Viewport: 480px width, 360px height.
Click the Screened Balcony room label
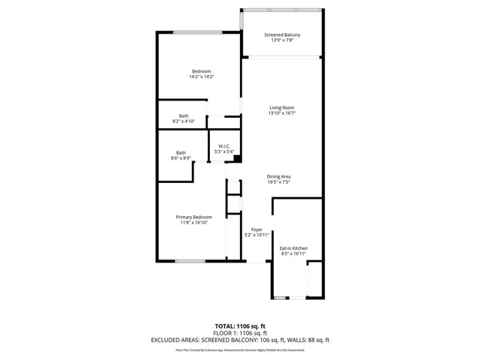coord(282,35)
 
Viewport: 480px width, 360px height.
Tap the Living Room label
coord(282,108)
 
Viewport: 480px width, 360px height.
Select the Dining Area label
coord(278,176)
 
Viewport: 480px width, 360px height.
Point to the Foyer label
coord(257,229)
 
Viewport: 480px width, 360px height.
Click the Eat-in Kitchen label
coord(293,248)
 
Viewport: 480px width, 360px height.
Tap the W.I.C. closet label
coord(224,146)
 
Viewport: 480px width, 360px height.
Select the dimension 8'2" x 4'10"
coord(184,121)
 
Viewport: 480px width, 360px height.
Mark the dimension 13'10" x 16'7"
coord(282,113)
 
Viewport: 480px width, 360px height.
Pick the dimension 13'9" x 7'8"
coord(282,40)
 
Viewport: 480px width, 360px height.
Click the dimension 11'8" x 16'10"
coord(193,223)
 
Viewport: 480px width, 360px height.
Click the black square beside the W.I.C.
coord(237,159)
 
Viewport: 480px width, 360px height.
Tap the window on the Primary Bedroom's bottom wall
coord(186,261)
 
